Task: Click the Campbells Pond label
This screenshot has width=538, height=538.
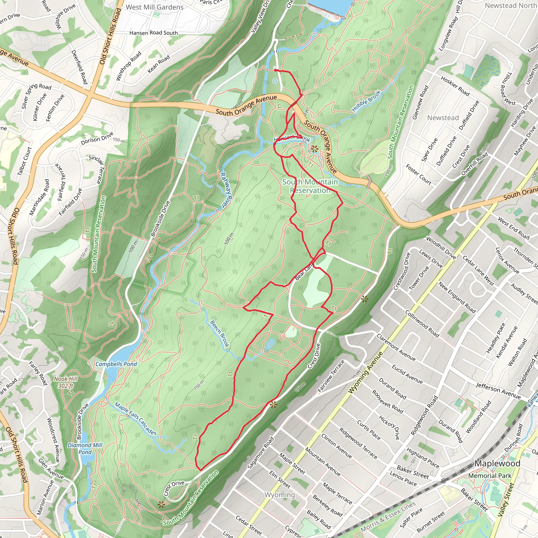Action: tap(116, 364)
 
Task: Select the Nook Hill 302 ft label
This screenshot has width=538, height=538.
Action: tap(66, 382)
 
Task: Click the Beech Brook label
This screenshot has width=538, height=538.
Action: tap(220, 333)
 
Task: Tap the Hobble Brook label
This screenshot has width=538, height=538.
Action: tap(366, 101)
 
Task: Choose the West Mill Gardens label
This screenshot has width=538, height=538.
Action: tap(154, 7)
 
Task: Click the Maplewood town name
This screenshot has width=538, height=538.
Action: tap(497, 463)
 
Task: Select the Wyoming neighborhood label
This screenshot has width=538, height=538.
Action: tap(280, 495)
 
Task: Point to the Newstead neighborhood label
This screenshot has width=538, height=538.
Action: tap(443, 118)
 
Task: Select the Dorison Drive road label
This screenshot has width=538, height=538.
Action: tap(97, 138)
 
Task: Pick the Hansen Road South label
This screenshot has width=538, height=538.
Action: tap(153, 33)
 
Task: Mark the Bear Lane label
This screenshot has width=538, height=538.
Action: tap(304, 272)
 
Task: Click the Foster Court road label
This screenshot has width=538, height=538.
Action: tap(418, 175)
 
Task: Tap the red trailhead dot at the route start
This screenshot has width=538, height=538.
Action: tap(275, 70)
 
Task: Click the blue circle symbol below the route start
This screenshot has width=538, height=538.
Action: tap(275, 81)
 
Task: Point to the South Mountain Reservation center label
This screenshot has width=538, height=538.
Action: tap(310, 186)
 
